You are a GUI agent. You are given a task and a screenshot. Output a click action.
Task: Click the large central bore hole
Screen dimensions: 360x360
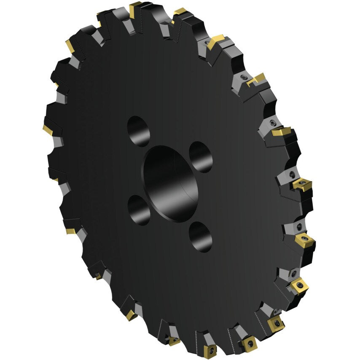click(x=170, y=183)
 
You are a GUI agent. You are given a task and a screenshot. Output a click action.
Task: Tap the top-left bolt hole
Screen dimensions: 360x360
click(x=138, y=131)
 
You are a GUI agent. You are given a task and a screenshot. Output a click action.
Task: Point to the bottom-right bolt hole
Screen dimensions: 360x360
click(x=201, y=236)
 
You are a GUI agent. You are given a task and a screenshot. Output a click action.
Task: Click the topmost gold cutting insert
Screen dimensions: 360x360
click(x=135, y=9)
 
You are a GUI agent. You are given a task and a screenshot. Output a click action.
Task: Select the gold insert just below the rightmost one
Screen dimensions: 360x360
click(x=299, y=286)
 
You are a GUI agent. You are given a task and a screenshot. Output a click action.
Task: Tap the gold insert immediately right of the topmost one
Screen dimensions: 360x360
click(x=180, y=12)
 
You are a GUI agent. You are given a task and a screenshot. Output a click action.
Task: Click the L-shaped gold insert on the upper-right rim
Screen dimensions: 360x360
click(x=257, y=79)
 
